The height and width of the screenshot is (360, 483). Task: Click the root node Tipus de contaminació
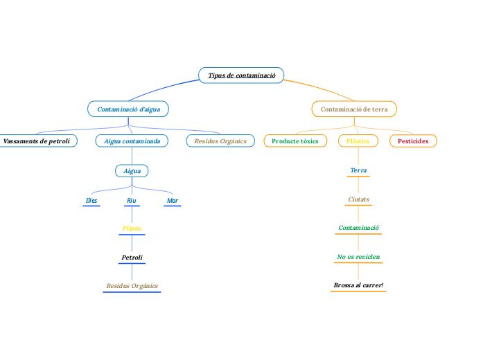point(241,75)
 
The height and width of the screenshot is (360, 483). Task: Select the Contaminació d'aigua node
point(128,109)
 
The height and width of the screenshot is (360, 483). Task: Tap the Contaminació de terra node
point(354,109)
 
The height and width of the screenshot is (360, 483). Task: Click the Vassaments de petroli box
point(37,141)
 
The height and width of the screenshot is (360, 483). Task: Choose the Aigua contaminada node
point(132,141)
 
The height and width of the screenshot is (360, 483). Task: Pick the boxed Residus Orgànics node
point(220,141)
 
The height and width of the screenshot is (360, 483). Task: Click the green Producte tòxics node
point(295,141)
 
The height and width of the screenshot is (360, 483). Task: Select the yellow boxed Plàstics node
point(358,141)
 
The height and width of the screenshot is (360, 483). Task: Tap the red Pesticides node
point(413,141)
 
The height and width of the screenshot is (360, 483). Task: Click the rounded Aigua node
point(132,170)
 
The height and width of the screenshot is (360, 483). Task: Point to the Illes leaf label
point(91,201)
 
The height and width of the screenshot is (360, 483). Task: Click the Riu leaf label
point(131,201)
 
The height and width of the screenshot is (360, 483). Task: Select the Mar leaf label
point(173,201)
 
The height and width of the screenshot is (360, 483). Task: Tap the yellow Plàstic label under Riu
point(132,228)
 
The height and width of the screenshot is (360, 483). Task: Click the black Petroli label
point(132,258)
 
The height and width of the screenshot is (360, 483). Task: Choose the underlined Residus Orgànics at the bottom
point(132,286)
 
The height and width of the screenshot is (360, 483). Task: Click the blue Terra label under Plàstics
point(358,170)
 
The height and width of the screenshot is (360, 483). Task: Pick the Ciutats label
point(358,199)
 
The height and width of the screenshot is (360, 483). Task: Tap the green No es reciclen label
point(358,257)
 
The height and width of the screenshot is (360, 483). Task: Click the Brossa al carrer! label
point(358,285)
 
